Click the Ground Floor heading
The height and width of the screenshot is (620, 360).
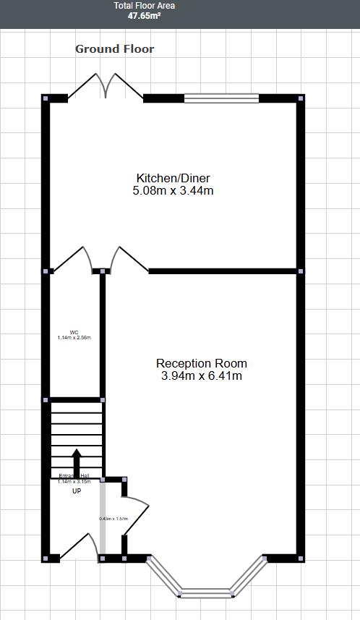[x=115, y=49]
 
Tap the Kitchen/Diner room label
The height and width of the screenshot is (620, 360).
[x=173, y=178]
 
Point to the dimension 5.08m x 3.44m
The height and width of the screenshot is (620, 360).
[x=173, y=191]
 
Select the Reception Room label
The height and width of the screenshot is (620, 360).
[x=202, y=363]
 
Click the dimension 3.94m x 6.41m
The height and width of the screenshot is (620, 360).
[x=202, y=376]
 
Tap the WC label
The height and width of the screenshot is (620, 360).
[x=74, y=333]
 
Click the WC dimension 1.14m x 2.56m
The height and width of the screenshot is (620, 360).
[x=74, y=338]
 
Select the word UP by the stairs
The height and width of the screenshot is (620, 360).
[x=76, y=491]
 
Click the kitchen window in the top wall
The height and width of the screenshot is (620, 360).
[x=221, y=98]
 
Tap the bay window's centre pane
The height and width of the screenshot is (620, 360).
[x=206, y=593]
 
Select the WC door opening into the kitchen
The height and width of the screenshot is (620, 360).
[x=73, y=259]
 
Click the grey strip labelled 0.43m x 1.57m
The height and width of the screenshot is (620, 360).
[x=103, y=519]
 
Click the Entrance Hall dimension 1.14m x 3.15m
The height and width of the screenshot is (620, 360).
[x=74, y=481]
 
